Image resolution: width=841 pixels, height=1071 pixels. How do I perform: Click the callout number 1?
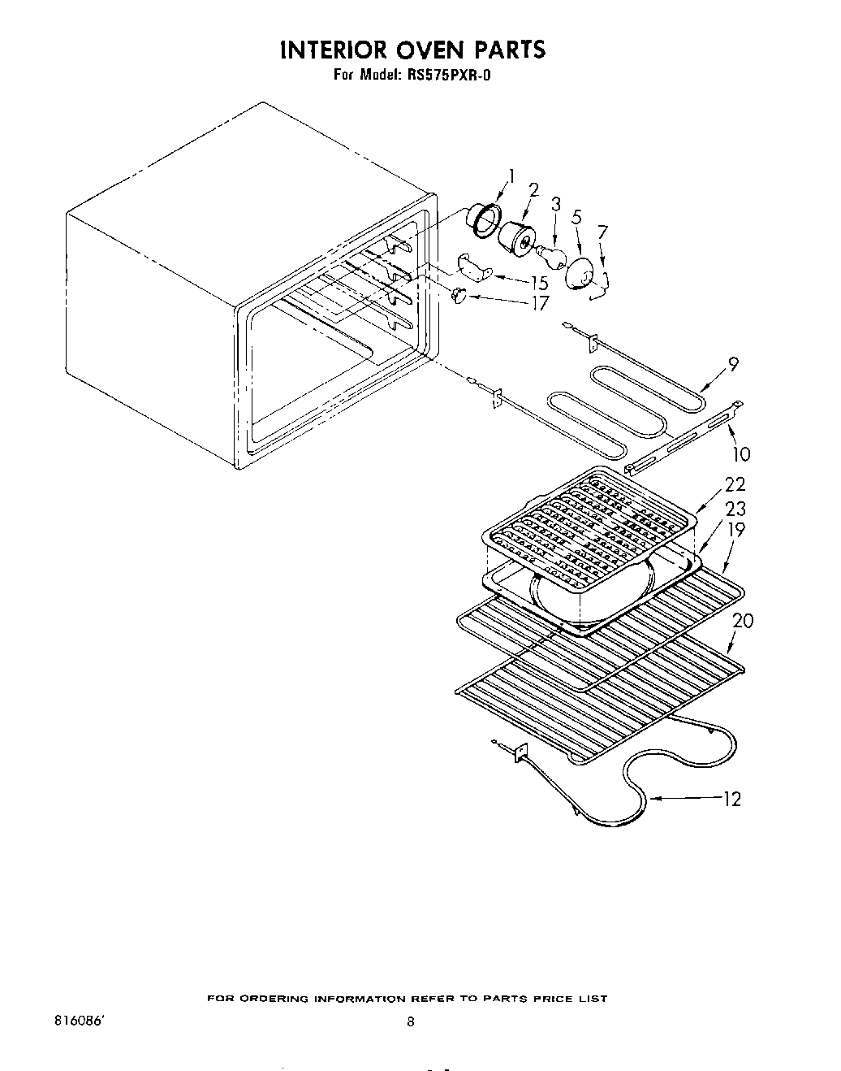[x=511, y=176]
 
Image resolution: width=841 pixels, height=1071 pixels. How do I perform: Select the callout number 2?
[x=533, y=189]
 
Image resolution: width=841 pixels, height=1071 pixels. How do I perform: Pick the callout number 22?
[x=735, y=483]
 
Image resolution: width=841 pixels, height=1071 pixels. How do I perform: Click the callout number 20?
[x=742, y=620]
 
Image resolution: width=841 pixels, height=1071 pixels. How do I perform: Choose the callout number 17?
[x=539, y=303]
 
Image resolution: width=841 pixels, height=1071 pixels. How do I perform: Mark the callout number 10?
[x=741, y=453]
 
